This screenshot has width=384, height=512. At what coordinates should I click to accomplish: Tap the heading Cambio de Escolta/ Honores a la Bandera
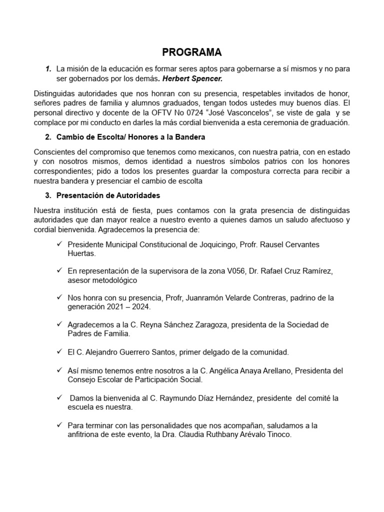(130, 137)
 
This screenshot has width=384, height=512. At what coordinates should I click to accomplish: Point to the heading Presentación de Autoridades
(108, 195)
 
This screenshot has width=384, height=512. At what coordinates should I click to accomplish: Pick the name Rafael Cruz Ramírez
(297, 271)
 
